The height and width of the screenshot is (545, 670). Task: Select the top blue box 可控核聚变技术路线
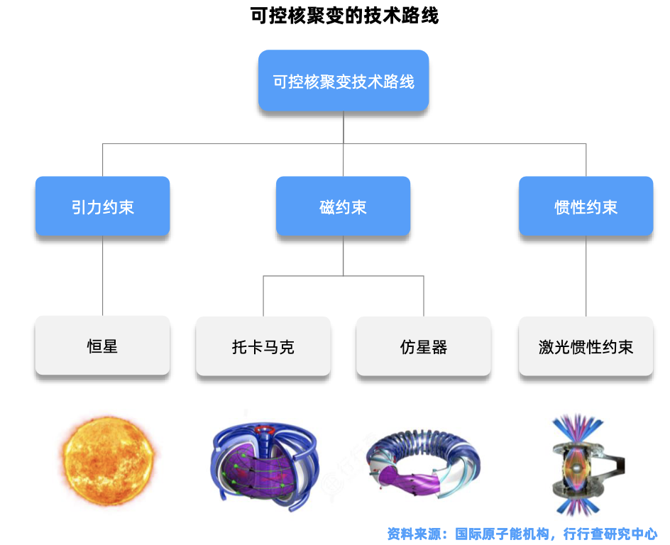(x=344, y=81)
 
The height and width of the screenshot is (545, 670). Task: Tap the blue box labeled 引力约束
(x=102, y=207)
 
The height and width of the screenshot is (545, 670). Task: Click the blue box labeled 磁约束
(x=343, y=207)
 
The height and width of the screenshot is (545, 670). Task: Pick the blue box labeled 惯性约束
(x=586, y=207)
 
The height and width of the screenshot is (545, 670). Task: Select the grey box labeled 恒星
(x=102, y=346)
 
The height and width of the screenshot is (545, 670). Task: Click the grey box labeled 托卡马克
(x=263, y=346)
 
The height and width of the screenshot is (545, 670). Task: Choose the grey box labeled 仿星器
(x=424, y=346)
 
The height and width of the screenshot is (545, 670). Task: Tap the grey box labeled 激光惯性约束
(x=586, y=346)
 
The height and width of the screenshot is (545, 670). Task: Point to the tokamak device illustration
(x=264, y=461)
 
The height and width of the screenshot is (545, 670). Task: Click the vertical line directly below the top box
(x=344, y=128)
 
